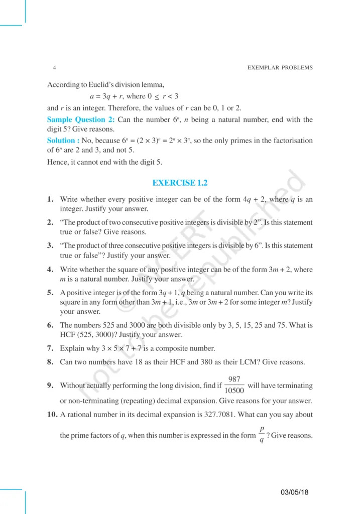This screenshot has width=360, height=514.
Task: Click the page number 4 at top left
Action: click(x=54, y=67)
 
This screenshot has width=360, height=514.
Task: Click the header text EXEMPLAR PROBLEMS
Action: click(x=280, y=67)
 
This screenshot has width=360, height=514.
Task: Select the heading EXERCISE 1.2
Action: click(x=180, y=184)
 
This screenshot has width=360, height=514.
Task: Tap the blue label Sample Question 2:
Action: click(x=81, y=119)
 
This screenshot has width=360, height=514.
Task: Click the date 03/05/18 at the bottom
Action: click(x=295, y=492)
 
